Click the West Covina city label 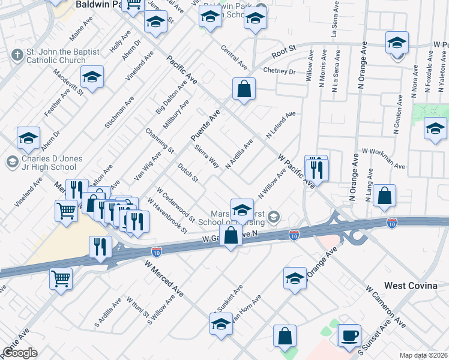(x=411, y=286)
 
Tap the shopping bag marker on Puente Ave (x=244, y=89)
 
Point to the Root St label (x=285, y=52)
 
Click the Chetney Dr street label (x=279, y=71)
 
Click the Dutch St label (x=188, y=172)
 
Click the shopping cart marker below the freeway (x=62, y=280)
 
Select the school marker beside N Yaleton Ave (x=435, y=130)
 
